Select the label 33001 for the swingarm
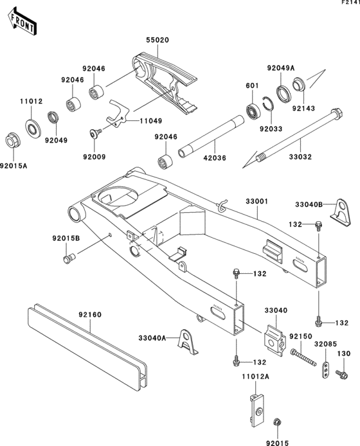[256, 201]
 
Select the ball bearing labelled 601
[253, 110]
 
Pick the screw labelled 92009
[96, 133]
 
